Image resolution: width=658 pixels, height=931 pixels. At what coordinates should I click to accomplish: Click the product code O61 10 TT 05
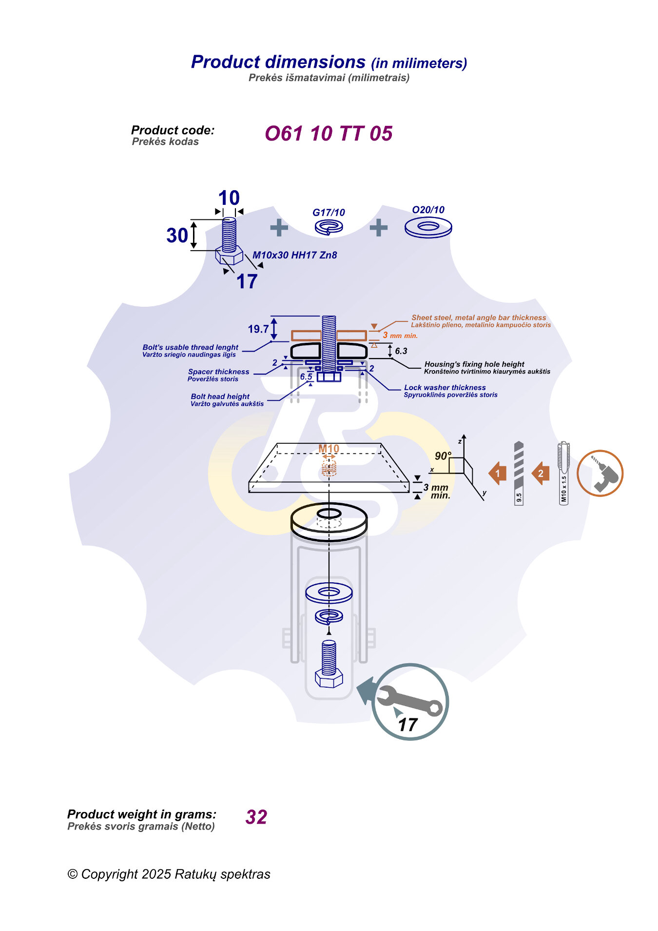click(x=328, y=134)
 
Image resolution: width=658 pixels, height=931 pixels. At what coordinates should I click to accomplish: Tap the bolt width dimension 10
click(x=229, y=198)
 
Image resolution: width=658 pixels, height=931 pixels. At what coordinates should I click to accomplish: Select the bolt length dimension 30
click(x=177, y=236)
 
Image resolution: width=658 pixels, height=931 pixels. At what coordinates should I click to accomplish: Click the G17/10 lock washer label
click(x=329, y=213)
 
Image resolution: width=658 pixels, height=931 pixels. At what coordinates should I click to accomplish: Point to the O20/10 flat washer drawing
click(x=428, y=227)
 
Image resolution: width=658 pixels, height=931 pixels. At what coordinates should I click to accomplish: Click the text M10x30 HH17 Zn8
click(x=294, y=255)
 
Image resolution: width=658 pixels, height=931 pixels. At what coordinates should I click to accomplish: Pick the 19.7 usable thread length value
click(x=258, y=329)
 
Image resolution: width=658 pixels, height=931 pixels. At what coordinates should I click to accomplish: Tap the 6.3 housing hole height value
click(x=401, y=351)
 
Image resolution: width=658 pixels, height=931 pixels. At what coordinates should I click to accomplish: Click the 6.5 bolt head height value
click(x=306, y=376)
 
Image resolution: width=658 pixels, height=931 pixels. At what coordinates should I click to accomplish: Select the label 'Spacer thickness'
click(x=218, y=372)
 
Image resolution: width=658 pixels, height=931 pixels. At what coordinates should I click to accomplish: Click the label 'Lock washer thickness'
click(x=445, y=388)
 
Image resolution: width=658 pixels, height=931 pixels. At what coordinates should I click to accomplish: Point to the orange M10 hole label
click(x=329, y=449)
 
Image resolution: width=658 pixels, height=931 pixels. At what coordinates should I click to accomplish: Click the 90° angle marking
click(x=443, y=456)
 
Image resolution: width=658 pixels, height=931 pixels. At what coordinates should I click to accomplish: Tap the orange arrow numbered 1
click(x=498, y=473)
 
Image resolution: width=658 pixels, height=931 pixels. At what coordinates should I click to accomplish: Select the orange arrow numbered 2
click(x=541, y=473)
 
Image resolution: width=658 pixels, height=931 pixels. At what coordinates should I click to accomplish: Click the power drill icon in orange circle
click(x=600, y=474)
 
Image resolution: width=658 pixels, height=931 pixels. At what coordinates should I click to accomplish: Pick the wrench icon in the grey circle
click(x=409, y=701)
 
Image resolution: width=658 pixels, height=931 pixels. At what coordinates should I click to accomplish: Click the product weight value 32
click(x=256, y=817)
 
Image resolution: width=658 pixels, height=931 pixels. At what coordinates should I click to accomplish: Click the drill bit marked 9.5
click(x=519, y=473)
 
